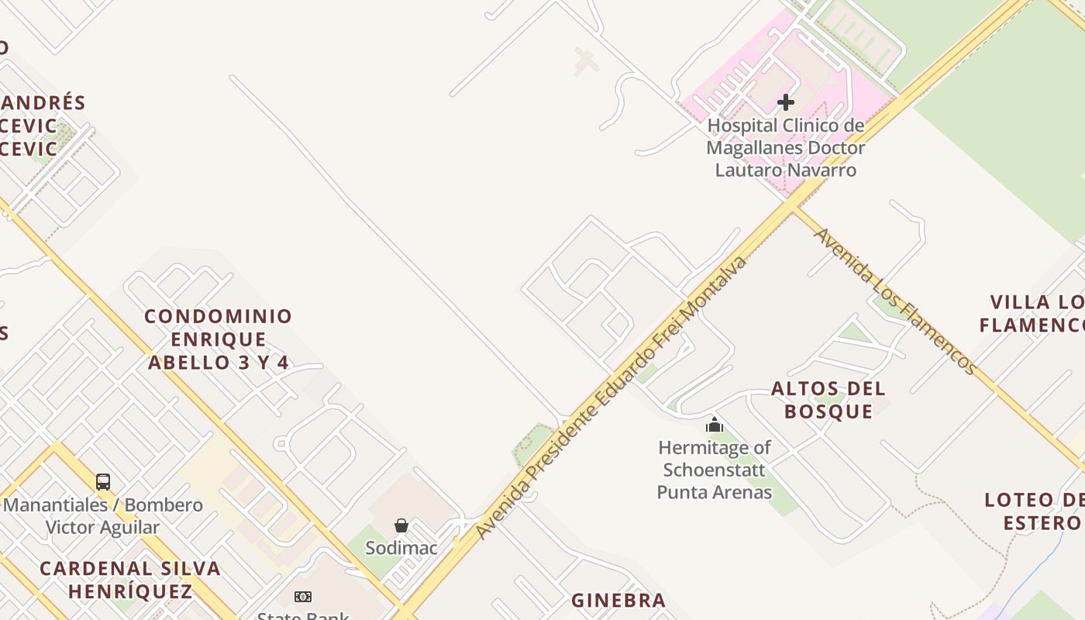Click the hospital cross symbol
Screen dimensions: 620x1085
coord(786,102)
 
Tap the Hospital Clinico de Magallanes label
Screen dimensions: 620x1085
coord(786,147)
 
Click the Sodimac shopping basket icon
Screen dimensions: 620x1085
coord(401,526)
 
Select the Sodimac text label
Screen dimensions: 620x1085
coord(401,548)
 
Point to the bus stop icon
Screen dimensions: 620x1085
coord(103,482)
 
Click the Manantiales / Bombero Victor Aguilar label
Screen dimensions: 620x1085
coord(103,516)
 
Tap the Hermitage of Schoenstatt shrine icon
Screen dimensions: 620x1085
coord(715,425)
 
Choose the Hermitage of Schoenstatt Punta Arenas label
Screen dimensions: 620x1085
coord(715,470)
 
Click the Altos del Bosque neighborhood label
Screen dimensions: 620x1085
coord(828,400)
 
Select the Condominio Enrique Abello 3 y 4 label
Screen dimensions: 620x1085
coord(219,339)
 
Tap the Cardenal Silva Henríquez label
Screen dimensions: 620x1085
coord(130,580)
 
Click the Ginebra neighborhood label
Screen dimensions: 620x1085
coord(618,601)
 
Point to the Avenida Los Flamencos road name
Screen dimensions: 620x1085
coord(894,301)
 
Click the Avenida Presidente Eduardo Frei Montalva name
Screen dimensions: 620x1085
coord(611,398)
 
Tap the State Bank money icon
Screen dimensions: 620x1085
coord(303,597)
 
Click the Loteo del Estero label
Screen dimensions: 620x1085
coord(1034,511)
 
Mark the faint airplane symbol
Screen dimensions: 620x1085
coord(586,62)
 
